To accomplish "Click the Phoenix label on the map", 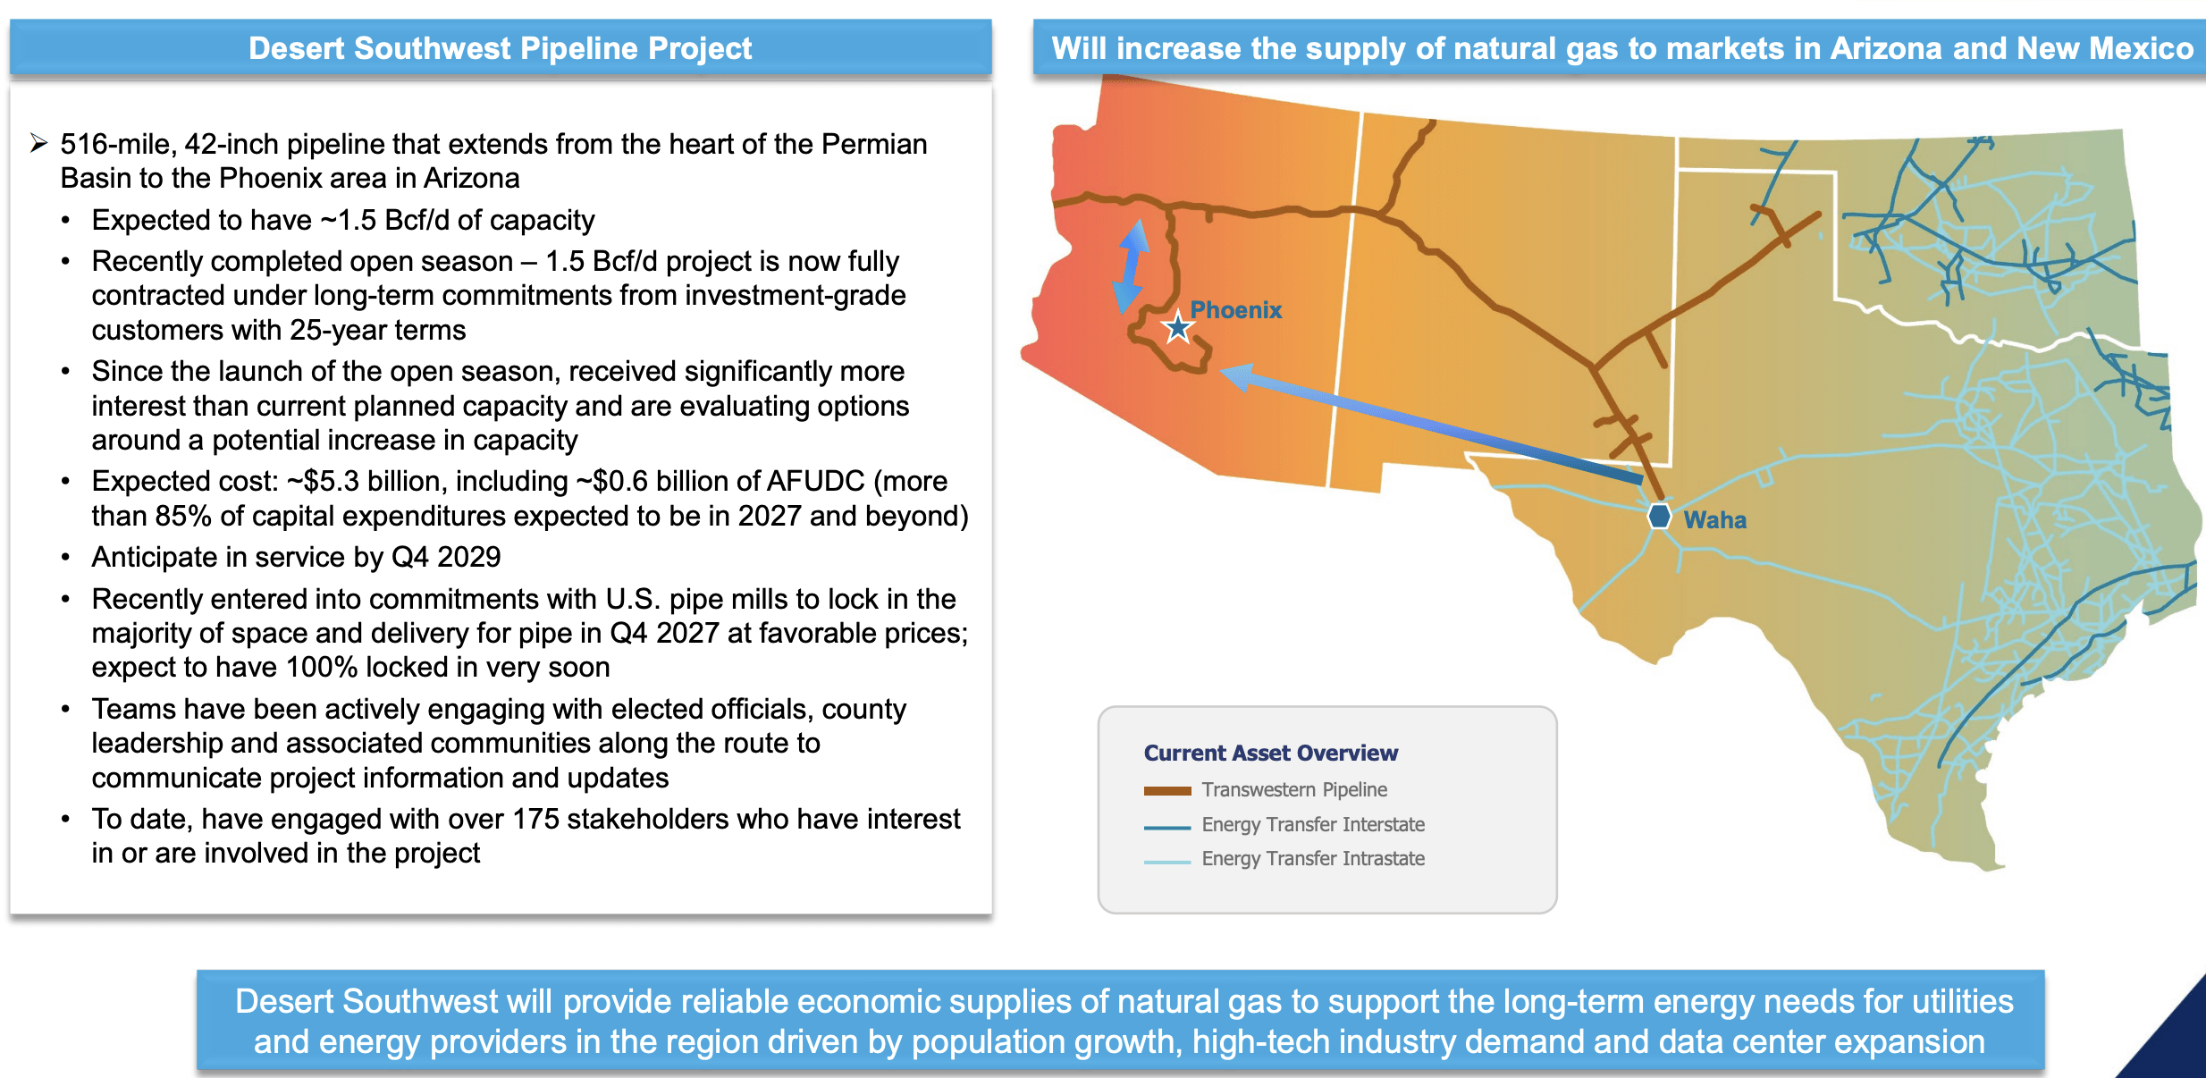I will pos(1235,310).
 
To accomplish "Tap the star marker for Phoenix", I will pos(1178,328).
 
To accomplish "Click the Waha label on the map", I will pos(1714,520).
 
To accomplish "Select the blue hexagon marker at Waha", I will pos(1659,516).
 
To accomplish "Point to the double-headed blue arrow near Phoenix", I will pos(1131,266).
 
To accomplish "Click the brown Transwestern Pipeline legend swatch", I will pos(1166,790).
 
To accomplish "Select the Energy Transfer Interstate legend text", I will pos(1312,824).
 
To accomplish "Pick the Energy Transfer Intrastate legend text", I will pos(1312,858).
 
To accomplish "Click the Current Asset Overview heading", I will pos(1270,753).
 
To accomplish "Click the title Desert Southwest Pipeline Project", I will pos(500,48).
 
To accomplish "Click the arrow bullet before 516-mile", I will pos(38,143).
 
